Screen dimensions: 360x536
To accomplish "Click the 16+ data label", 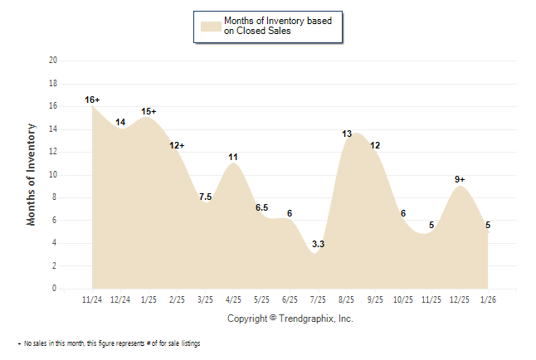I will tap(92, 100).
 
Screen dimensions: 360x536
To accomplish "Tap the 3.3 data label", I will tap(318, 244).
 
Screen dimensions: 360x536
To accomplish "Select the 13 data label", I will tap(347, 134).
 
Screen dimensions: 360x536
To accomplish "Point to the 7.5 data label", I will tap(205, 197).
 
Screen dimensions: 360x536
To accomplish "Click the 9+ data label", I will tap(460, 179).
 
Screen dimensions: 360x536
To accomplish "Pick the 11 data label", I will tap(233, 157).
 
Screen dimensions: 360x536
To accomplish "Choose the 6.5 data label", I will tap(261, 207).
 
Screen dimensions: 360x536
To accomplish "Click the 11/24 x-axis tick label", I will tap(93, 299).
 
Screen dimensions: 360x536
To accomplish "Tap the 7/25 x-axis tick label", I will tap(319, 299).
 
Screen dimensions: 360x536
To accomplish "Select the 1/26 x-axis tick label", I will tap(488, 299).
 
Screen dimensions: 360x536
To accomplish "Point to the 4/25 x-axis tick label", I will tap(234, 299).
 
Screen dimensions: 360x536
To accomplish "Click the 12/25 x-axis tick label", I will tap(460, 299).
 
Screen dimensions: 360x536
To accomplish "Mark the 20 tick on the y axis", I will tap(53, 61).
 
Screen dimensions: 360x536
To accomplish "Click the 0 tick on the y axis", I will tap(55, 289).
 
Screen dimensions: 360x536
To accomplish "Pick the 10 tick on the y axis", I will tap(53, 175).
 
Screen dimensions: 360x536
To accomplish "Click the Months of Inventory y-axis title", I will tap(32, 174).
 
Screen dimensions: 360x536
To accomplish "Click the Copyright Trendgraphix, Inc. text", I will tap(290, 319).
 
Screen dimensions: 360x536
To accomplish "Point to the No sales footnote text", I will tap(109, 343).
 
